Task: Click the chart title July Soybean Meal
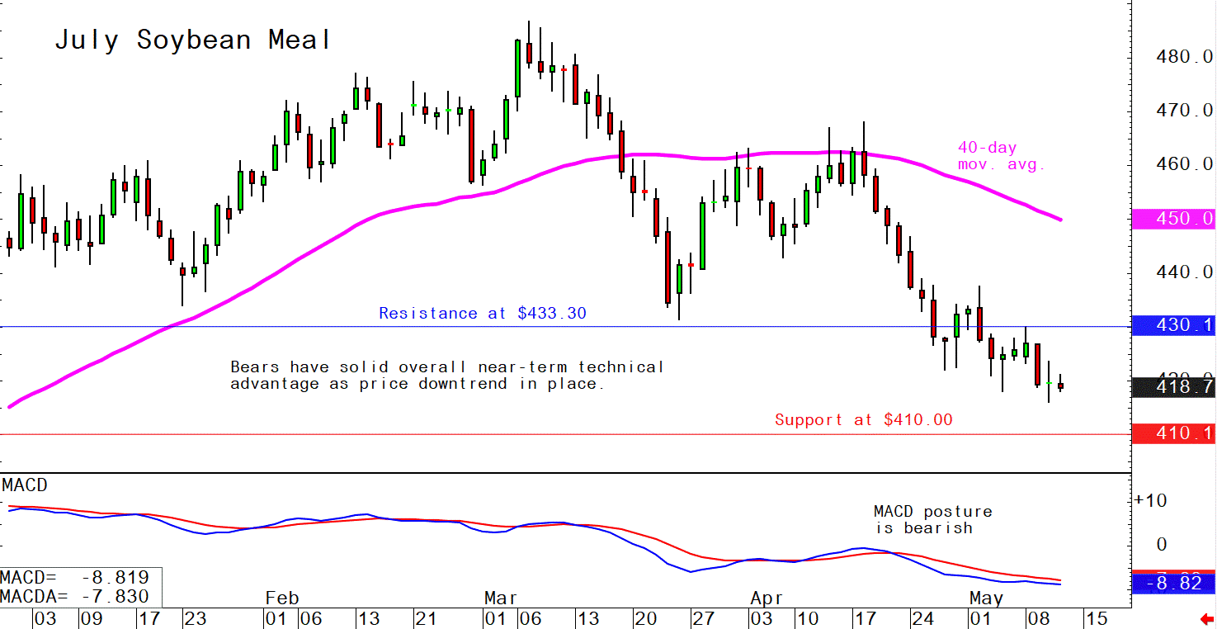coord(193,40)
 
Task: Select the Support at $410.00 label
coord(863,420)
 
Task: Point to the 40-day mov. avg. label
coord(1001,156)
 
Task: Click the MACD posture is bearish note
coord(932,520)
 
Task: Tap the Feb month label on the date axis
coord(281,598)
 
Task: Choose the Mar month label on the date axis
coord(501,598)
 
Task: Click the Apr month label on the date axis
coord(767,598)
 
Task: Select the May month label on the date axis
coord(987,598)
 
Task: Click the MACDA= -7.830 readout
coord(75,597)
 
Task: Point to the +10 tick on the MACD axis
coord(1150,501)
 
